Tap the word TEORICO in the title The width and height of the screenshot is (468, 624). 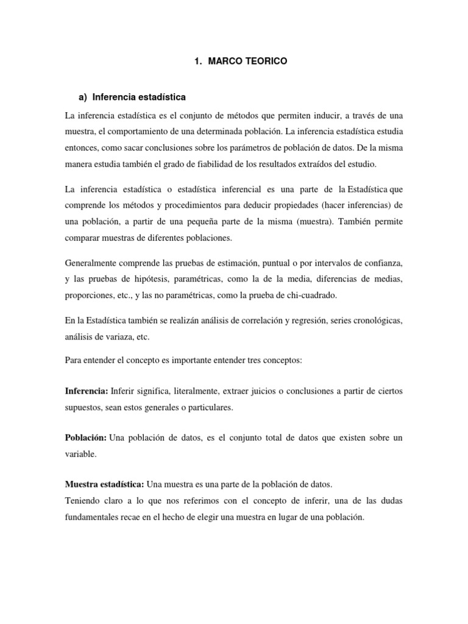(x=263, y=62)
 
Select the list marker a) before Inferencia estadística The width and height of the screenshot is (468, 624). (x=84, y=97)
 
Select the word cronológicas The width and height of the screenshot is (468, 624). (x=370, y=320)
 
